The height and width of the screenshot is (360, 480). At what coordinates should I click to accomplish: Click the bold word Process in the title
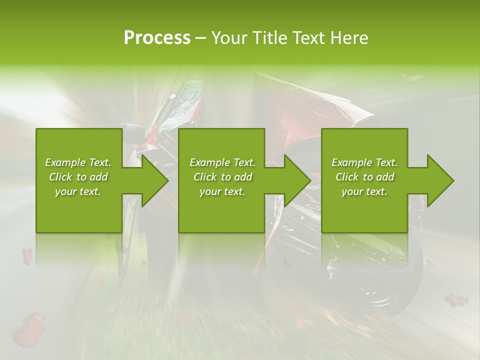(x=157, y=38)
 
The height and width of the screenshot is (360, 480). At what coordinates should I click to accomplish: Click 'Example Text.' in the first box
(x=78, y=162)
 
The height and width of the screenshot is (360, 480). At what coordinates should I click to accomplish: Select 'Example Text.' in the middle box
(x=222, y=162)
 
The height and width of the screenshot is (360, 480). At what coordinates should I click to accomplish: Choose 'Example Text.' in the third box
(x=364, y=162)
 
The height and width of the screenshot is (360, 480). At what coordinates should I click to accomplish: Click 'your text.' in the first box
(x=78, y=191)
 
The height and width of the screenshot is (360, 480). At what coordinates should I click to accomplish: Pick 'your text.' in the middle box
(x=222, y=191)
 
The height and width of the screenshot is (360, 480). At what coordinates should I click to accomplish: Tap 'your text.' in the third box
(x=364, y=191)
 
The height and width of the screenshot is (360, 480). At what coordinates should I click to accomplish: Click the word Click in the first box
(x=60, y=177)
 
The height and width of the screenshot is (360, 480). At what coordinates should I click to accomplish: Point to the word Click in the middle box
(x=205, y=177)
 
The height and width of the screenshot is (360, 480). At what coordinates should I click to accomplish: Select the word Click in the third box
(x=347, y=177)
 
